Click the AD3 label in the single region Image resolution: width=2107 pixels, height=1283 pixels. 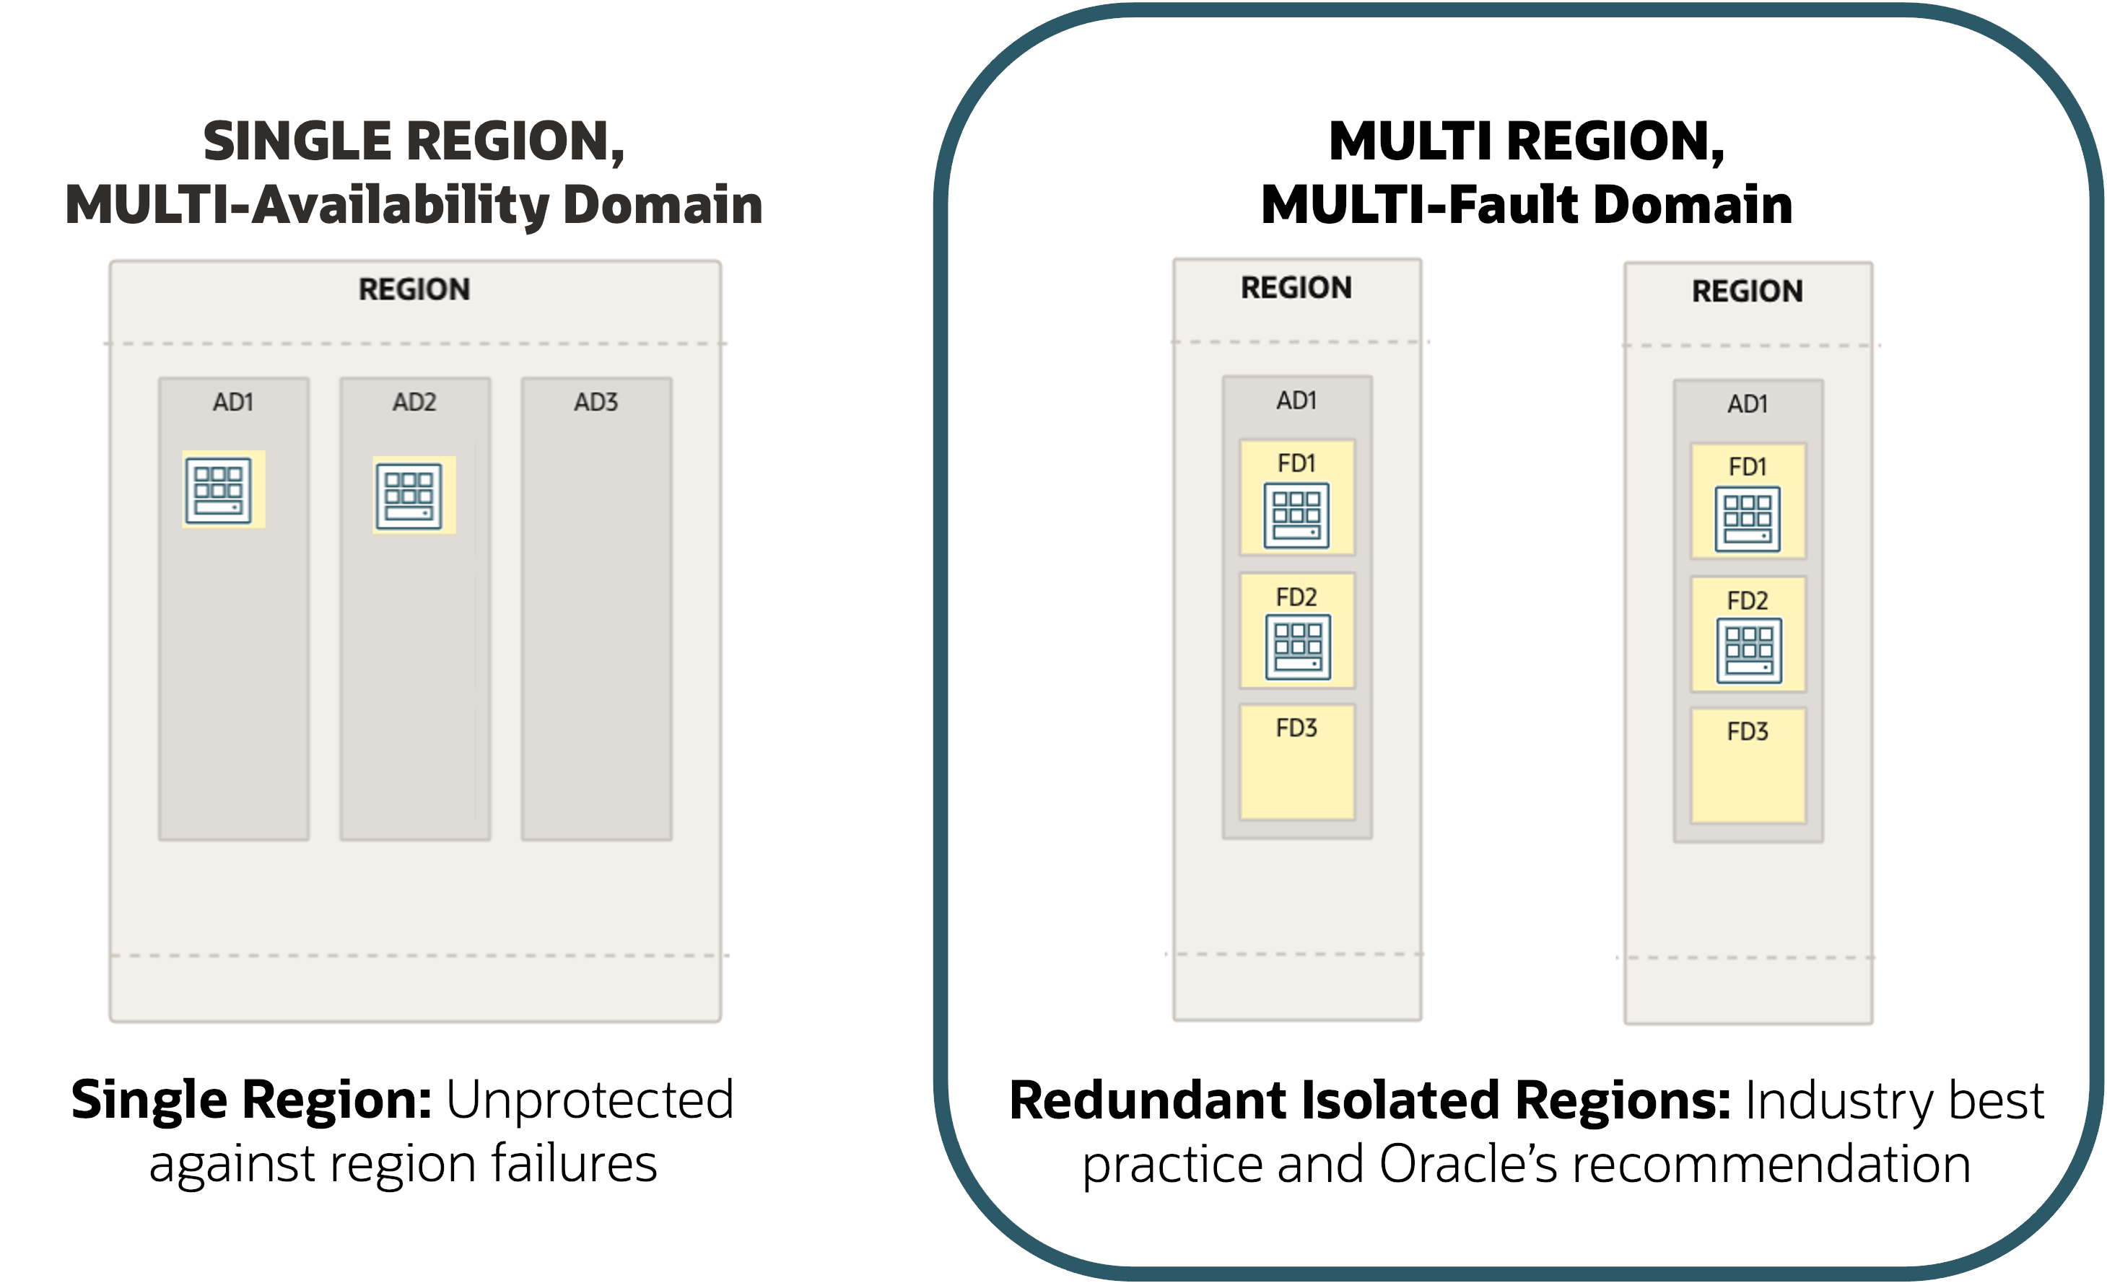(x=596, y=403)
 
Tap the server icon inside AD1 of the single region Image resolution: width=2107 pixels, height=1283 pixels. (x=218, y=491)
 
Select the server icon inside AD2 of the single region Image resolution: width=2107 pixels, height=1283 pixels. (x=409, y=496)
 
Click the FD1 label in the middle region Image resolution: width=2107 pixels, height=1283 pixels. (x=1296, y=463)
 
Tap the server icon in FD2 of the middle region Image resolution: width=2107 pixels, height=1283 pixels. (x=1298, y=647)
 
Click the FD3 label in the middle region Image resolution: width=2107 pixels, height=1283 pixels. (x=1296, y=728)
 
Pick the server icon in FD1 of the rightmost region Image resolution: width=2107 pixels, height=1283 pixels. (x=1748, y=520)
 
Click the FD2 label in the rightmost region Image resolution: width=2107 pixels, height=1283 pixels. (x=1748, y=601)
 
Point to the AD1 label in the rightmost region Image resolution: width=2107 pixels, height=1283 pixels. (x=1748, y=404)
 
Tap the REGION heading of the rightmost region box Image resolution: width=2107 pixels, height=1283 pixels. (x=1748, y=292)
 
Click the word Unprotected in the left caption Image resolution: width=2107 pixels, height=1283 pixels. (x=590, y=1100)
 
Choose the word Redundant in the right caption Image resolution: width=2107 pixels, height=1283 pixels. (x=1148, y=1100)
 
